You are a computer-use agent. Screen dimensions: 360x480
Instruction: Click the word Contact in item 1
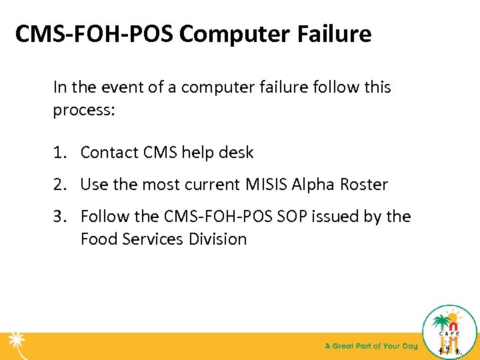tap(109, 153)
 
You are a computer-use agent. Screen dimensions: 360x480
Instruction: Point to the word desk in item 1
tap(235, 153)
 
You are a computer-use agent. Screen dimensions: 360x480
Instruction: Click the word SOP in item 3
tap(290, 217)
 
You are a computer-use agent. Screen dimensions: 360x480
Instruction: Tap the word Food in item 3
tap(97, 239)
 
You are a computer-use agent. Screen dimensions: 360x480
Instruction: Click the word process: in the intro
tap(85, 110)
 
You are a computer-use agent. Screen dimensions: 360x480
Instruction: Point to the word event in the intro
tap(126, 87)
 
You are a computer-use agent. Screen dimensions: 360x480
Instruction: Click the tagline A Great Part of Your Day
tap(371, 346)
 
